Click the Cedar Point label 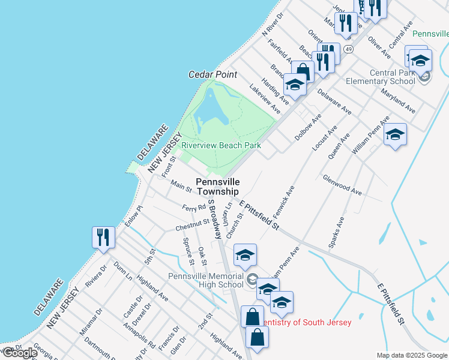pos(212,74)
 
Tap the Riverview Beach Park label pos(221,145)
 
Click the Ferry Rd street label pos(194,208)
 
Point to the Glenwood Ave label pos(342,184)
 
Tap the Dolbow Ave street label pos(308,127)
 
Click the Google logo pos(19,353)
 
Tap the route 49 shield pos(348,48)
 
